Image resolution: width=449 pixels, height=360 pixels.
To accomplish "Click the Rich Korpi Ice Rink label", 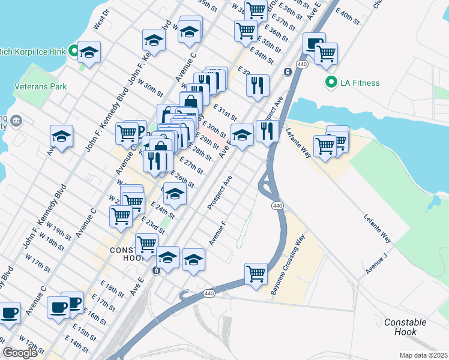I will [x=32, y=50].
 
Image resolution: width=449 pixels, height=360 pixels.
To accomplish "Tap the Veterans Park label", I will [x=40, y=86].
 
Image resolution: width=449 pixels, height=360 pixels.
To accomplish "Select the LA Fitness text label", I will [x=359, y=83].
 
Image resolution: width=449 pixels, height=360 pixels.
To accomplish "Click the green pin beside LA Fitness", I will [x=330, y=82].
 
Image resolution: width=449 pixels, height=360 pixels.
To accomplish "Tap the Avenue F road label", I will [x=217, y=233].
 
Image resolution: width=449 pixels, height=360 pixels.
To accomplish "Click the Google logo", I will [x=19, y=353].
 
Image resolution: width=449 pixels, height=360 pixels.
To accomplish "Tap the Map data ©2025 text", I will [x=424, y=355].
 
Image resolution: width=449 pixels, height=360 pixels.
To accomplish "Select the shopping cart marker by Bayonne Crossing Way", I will [x=256, y=274].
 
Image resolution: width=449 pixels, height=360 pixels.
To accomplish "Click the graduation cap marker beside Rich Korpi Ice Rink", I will [x=89, y=52].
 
